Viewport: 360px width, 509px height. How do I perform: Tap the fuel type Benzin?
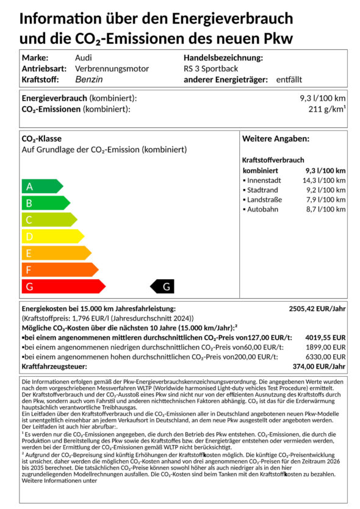[88, 79]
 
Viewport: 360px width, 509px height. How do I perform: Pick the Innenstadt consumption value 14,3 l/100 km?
[324, 180]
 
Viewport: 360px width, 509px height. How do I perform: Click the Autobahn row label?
[263, 210]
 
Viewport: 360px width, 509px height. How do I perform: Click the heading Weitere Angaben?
[276, 139]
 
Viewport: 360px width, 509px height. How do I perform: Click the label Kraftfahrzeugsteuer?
[54, 366]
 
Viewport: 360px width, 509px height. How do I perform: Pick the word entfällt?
[289, 79]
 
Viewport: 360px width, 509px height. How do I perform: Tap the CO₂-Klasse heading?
[41, 139]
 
